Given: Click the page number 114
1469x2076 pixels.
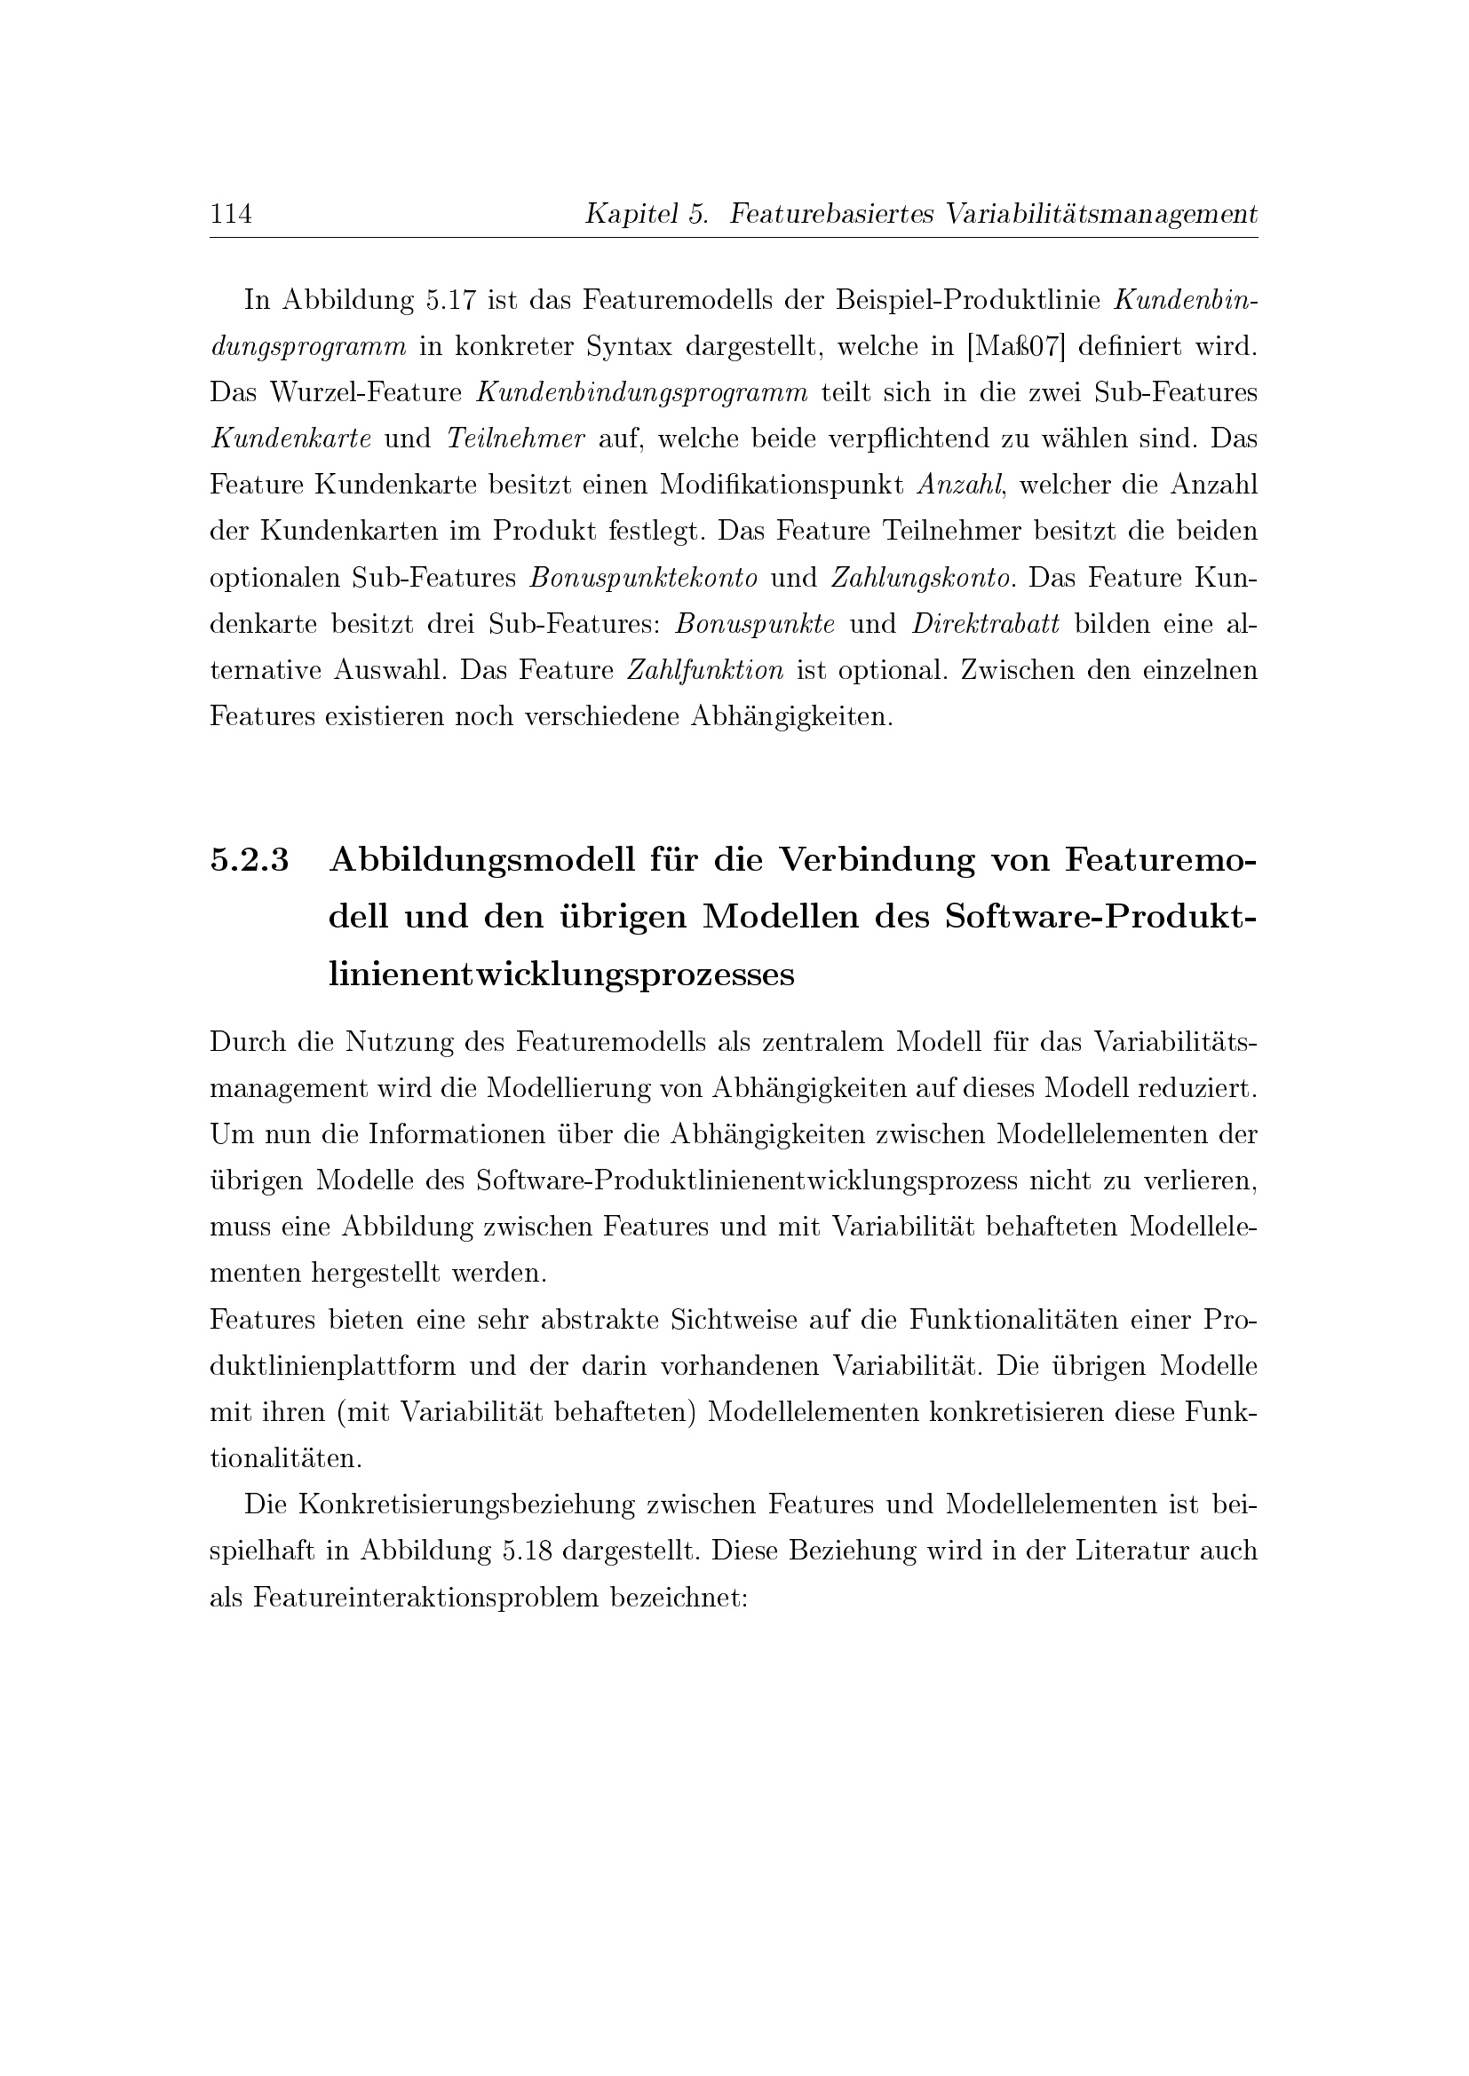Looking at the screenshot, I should point(231,214).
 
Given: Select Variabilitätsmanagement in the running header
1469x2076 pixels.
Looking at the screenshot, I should point(1100,214).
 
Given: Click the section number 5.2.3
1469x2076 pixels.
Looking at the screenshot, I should point(250,860).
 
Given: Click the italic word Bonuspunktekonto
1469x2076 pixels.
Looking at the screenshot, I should point(643,578).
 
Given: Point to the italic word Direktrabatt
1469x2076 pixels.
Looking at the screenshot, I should point(986,624).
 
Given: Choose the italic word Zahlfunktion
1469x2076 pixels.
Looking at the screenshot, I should point(705,671).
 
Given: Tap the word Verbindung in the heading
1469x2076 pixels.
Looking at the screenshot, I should point(877,860).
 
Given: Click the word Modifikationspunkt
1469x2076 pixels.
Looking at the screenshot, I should point(782,485).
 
